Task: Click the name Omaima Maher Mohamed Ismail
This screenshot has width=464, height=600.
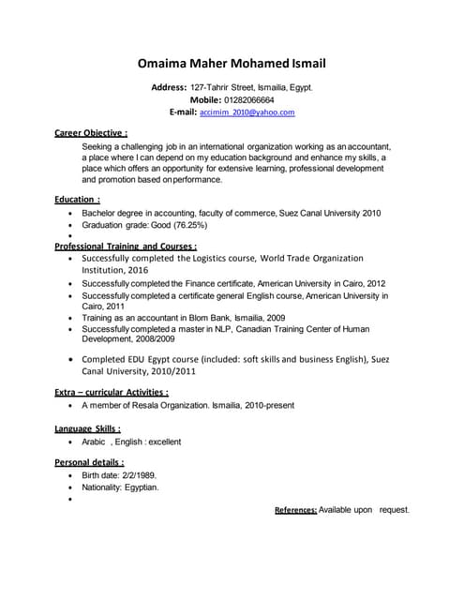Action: pyautogui.click(x=232, y=64)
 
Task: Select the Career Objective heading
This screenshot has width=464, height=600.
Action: pyautogui.click(x=91, y=133)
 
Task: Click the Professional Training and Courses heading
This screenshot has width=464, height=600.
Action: pyautogui.click(x=125, y=246)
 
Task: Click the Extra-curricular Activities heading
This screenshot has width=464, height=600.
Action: pyautogui.click(x=112, y=392)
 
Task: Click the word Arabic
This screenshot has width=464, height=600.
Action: pyautogui.click(x=94, y=442)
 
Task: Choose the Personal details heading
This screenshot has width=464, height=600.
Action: pyautogui.click(x=89, y=463)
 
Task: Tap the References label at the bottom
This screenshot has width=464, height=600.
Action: pyautogui.click(x=295, y=510)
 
